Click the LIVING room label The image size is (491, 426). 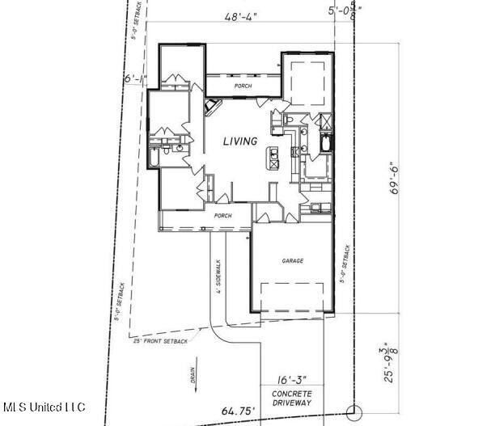pos(240,141)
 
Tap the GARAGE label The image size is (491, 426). pos(292,262)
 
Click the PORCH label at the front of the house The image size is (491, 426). pos(222,216)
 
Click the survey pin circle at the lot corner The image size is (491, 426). pos(351,411)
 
